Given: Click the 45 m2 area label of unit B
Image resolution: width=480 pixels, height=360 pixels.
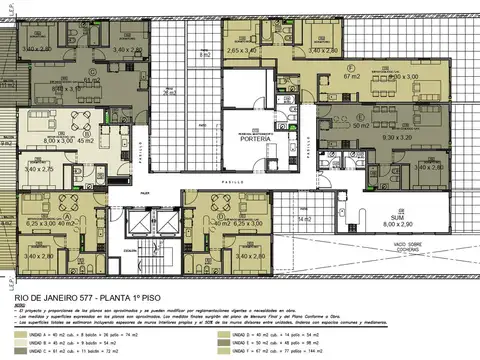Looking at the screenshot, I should (x=85, y=140).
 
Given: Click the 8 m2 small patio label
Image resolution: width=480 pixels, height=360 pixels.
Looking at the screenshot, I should (x=204, y=55).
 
